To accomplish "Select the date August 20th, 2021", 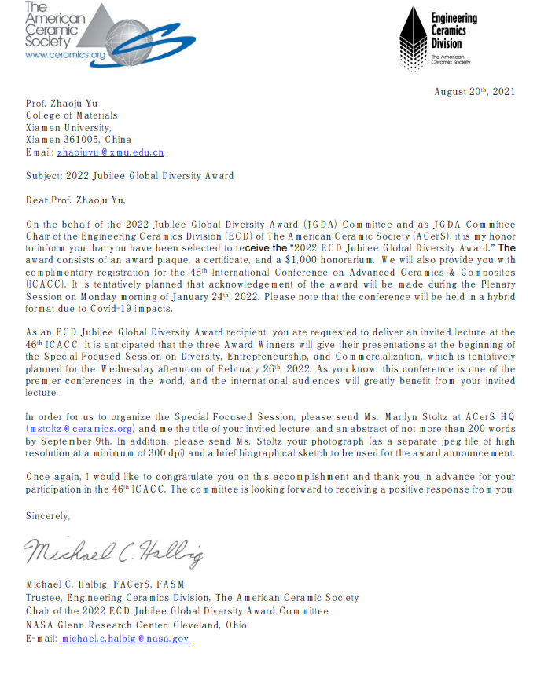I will pos(475,91).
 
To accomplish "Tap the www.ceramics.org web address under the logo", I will pos(64,55).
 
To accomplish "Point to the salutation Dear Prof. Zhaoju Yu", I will pos(75,200).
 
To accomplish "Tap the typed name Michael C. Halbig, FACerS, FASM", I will pos(105,584).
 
